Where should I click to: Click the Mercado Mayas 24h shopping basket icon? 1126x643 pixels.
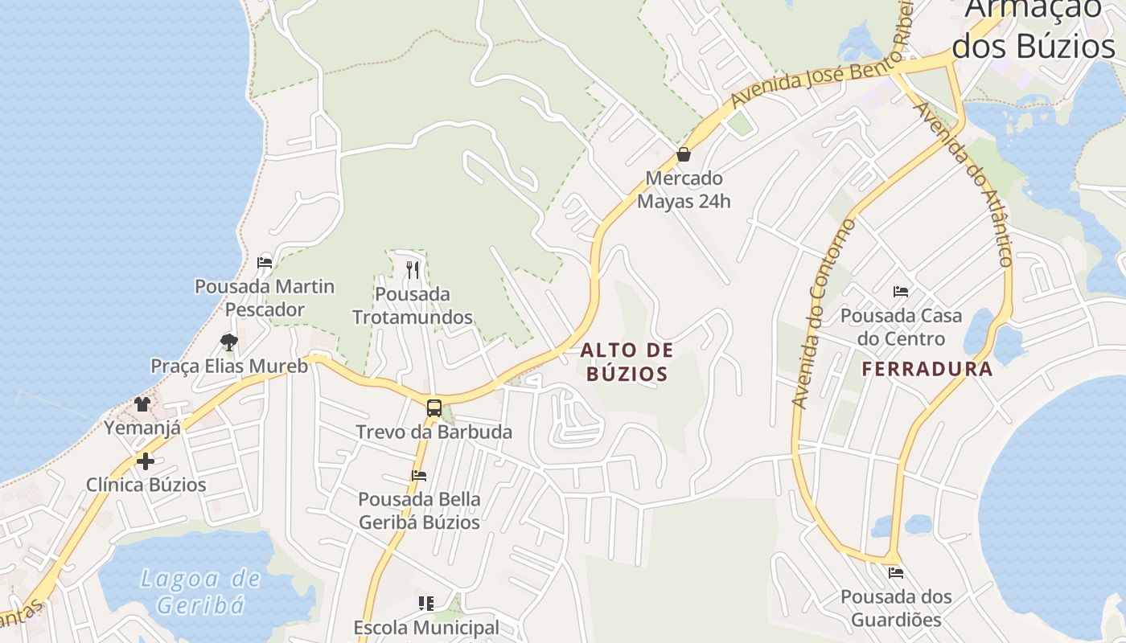pos(684,154)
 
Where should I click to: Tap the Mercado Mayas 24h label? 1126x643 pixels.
pos(684,190)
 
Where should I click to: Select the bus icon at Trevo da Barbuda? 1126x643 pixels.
pos(434,408)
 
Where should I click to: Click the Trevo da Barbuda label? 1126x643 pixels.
pos(434,432)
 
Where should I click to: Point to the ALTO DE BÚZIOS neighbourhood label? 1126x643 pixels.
pos(627,362)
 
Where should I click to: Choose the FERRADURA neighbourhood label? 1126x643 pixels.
pos(927,369)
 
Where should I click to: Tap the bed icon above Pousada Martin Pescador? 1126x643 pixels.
pos(265,262)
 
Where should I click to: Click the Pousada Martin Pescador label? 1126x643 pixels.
pos(265,297)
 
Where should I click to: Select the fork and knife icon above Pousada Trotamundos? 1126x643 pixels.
pos(413,270)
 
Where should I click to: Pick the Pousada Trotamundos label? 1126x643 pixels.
pos(413,305)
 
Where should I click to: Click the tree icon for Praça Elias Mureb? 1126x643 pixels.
pos(229,342)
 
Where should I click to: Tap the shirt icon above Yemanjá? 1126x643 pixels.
pos(142,403)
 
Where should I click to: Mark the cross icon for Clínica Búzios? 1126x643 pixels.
pos(146,461)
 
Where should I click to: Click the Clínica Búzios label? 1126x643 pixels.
pos(146,485)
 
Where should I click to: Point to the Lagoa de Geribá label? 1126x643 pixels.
pos(200,591)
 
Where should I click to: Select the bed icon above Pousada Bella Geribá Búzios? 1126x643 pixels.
pos(419,476)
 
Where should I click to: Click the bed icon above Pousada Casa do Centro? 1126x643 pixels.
pos(901,292)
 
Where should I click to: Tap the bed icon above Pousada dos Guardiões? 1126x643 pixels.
pos(896,573)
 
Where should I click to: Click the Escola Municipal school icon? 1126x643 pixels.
pos(426,603)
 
